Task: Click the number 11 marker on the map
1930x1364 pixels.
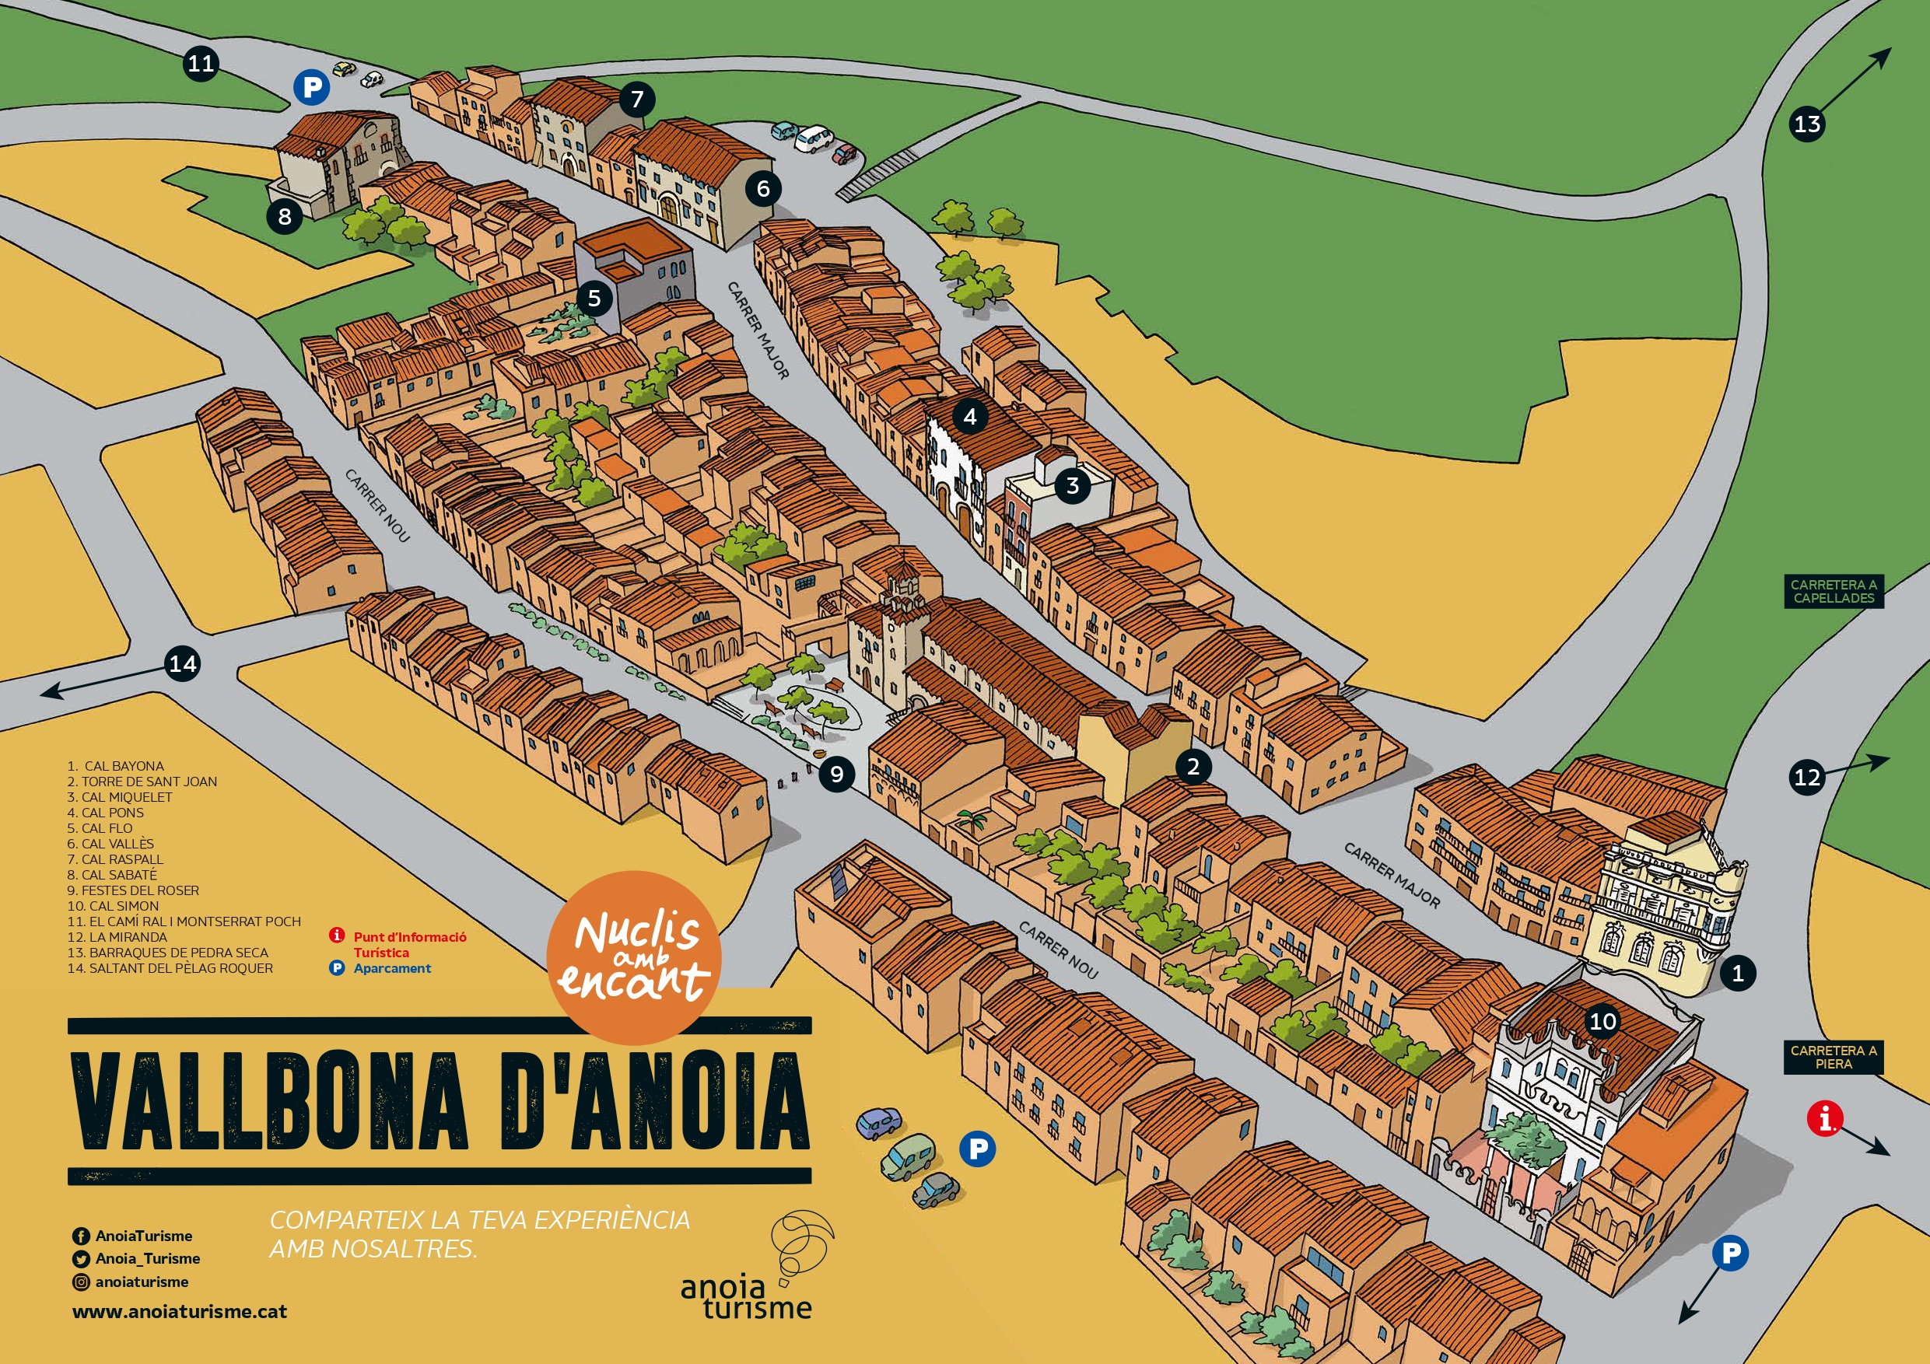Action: (x=201, y=64)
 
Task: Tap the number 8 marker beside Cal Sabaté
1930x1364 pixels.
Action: (x=285, y=217)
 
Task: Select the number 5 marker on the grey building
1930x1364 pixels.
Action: (x=594, y=299)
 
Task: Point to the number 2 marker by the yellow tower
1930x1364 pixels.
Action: (x=1193, y=767)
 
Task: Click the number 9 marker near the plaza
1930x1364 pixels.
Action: (x=836, y=774)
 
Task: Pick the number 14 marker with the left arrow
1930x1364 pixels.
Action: (x=182, y=665)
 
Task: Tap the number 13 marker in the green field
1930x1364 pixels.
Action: (x=1807, y=124)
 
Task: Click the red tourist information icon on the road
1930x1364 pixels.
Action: (x=1825, y=1120)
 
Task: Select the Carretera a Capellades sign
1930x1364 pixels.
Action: (x=1834, y=591)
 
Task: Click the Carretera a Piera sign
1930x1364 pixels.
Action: (x=1834, y=1058)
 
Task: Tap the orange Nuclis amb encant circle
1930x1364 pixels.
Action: (x=634, y=957)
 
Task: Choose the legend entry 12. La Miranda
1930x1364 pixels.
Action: (x=117, y=937)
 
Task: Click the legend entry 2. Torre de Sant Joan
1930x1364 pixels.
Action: (x=142, y=782)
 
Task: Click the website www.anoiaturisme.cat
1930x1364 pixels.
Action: (x=180, y=1311)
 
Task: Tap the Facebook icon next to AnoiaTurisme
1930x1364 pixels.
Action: (x=82, y=1236)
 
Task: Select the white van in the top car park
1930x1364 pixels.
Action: (x=813, y=138)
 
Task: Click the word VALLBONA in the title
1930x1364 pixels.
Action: (x=269, y=1101)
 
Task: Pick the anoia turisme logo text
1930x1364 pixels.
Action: (x=745, y=1299)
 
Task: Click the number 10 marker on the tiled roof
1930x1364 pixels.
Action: (x=1602, y=1021)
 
